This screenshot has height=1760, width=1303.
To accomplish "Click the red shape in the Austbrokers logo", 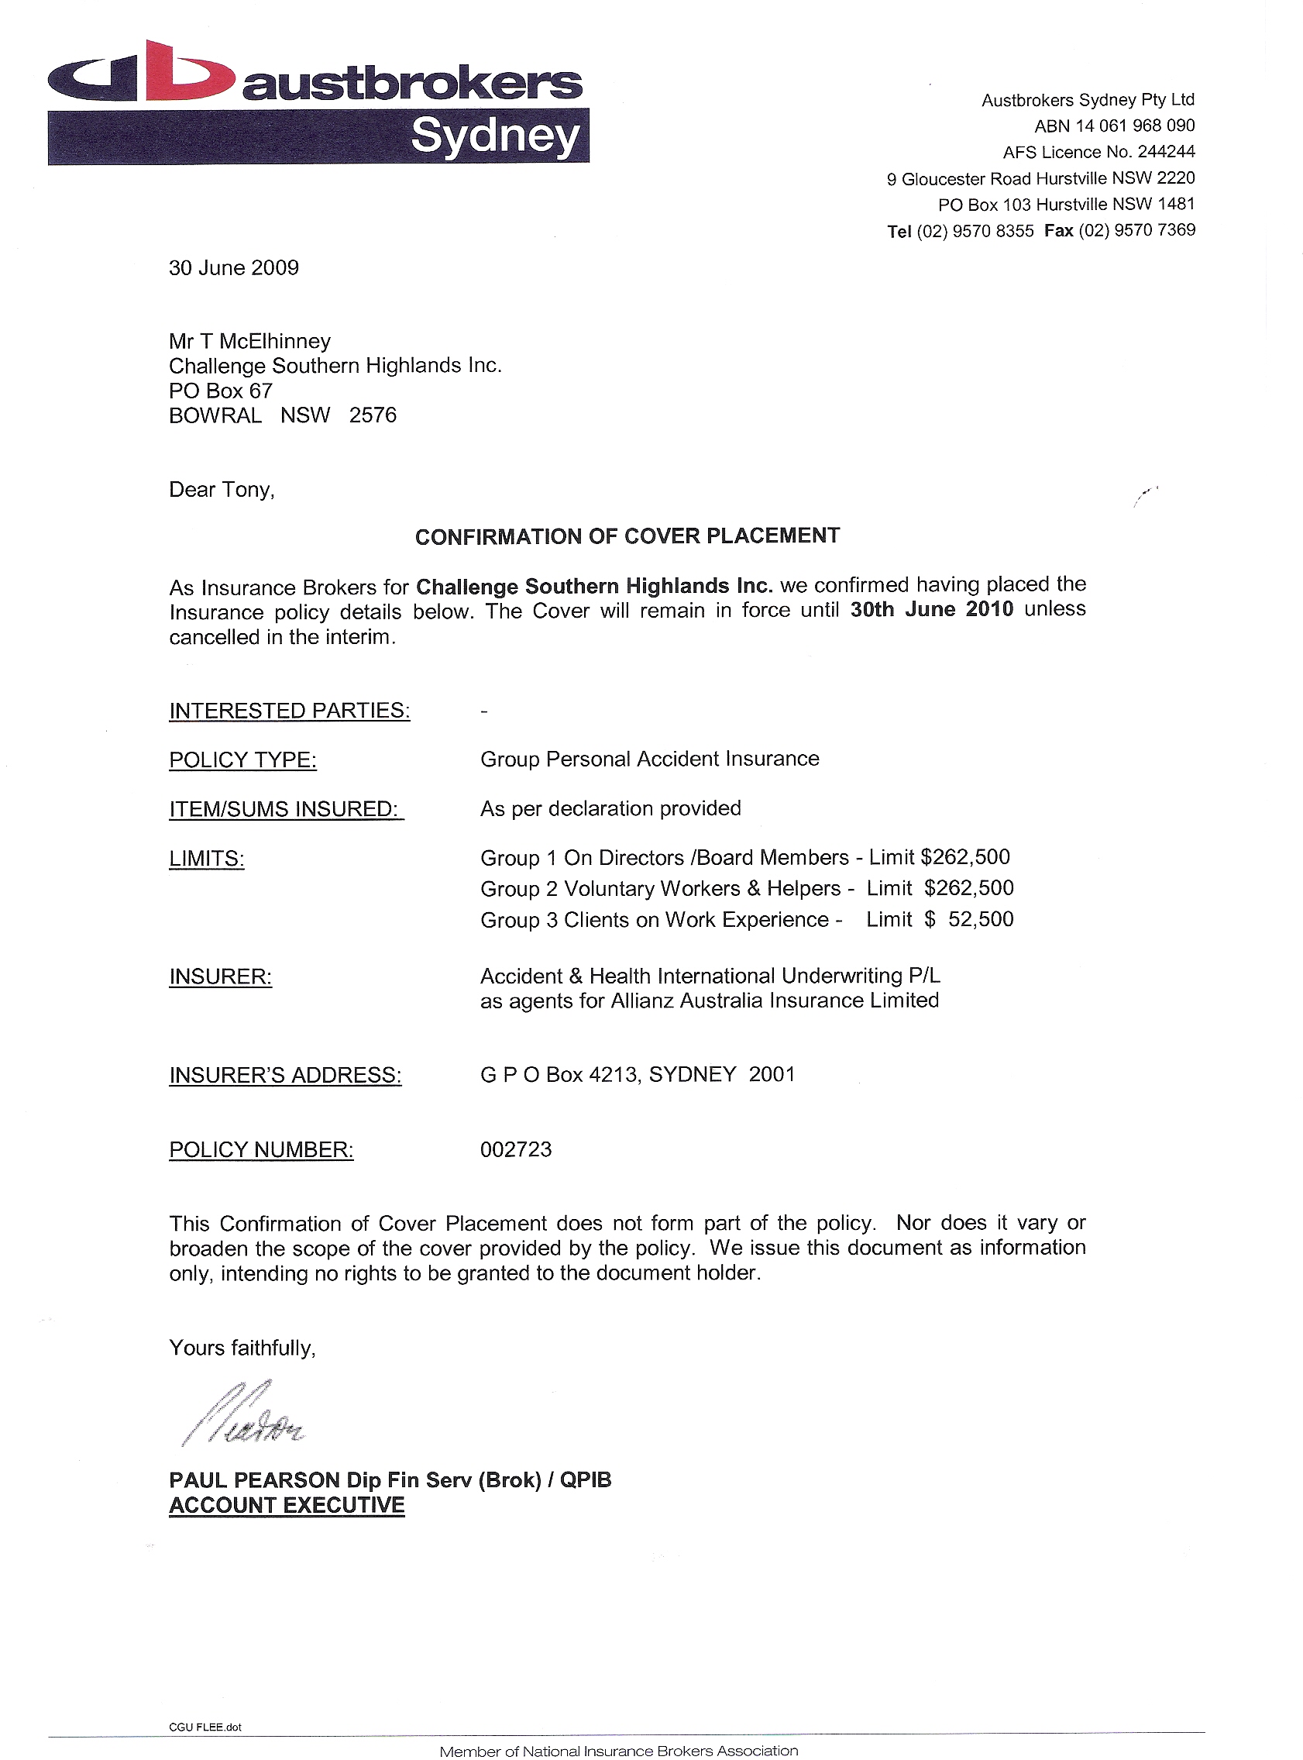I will coord(193,73).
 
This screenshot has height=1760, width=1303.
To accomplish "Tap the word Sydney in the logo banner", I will coord(494,136).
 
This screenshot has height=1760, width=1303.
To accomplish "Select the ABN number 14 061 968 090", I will coord(1135,126).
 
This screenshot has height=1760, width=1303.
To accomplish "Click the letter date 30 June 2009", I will coord(233,268).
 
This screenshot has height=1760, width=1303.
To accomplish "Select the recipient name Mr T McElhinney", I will coord(249,342).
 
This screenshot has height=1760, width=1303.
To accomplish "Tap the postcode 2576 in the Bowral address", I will coord(373,415).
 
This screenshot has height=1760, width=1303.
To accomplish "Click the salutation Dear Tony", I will coord(221,490).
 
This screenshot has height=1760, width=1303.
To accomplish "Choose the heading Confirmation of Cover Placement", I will coord(627,536).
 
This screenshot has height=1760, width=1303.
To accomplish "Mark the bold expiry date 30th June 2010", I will coord(931,610).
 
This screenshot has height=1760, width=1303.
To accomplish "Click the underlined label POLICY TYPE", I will coord(242,760).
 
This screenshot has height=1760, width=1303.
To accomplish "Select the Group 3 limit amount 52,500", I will coord(981,920).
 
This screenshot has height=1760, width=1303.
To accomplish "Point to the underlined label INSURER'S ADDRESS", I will coord(285,1076).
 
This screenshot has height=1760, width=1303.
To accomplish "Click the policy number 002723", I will coord(516,1150).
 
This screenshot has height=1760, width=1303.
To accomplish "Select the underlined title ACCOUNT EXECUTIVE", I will coord(287,1506).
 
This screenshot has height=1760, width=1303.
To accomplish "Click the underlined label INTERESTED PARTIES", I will coord(290,711).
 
